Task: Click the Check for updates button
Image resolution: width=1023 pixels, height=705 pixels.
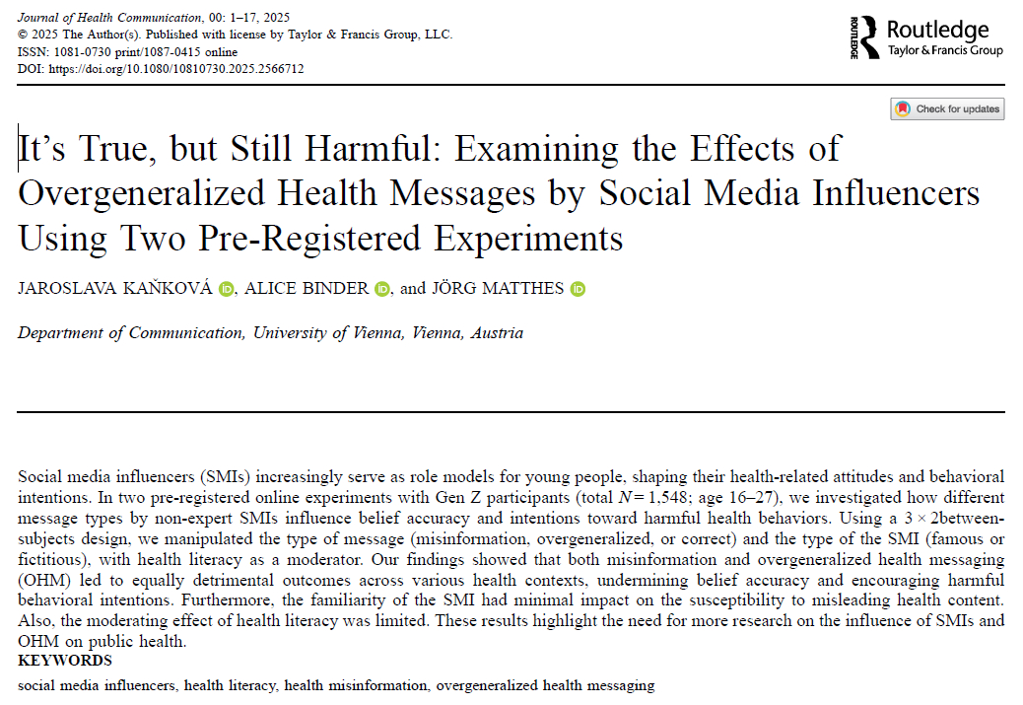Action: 947,108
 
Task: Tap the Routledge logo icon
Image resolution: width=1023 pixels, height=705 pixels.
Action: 864,36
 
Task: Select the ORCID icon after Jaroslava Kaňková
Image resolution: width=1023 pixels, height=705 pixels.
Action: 227,289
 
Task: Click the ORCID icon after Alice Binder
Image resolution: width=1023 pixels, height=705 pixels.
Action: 382,289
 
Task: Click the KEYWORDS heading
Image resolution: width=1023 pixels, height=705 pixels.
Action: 65,661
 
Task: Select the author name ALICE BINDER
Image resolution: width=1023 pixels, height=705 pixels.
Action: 307,289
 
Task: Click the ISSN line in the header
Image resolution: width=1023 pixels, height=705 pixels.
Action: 128,52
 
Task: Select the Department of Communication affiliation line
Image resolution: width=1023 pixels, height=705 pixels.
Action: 270,333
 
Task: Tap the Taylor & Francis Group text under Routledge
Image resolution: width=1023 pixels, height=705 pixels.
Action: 944,50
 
